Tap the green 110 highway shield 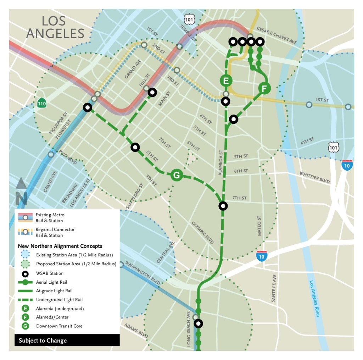click(x=41, y=103)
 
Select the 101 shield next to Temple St click(x=190, y=20)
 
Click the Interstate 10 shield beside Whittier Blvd click(x=347, y=165)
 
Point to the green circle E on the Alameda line click(x=226, y=81)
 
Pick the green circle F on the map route click(x=264, y=88)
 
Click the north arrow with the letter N click(x=21, y=192)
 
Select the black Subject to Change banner click(x=67, y=340)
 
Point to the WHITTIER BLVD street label click(x=314, y=177)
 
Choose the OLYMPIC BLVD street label click(x=203, y=233)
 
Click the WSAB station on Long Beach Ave click(x=199, y=323)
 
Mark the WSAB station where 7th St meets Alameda click(x=223, y=205)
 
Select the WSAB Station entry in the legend click(x=50, y=273)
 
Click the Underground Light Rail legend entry click(x=59, y=300)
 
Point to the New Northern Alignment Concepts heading click(x=60, y=246)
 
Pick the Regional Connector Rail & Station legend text click(x=55, y=232)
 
